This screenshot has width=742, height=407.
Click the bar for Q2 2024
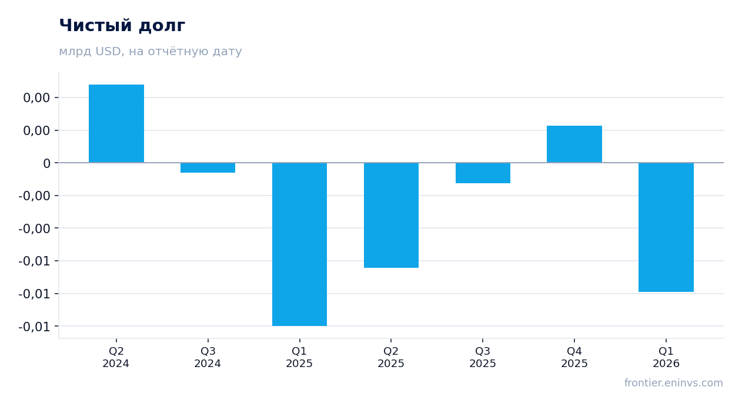point(116,123)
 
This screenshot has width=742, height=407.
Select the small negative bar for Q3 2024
point(208,167)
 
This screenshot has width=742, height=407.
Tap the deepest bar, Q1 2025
point(299,244)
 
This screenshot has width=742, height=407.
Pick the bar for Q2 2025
point(391,215)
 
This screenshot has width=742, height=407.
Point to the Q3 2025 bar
point(483,173)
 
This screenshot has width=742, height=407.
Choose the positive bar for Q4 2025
point(574,144)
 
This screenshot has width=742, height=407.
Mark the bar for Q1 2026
point(666,227)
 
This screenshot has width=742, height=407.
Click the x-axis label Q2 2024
point(116,357)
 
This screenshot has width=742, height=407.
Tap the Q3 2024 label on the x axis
point(208,357)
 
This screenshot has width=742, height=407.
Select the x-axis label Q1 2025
point(299,357)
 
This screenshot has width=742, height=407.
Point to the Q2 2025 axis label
point(391,357)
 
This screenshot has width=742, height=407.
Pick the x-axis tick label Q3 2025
point(483,357)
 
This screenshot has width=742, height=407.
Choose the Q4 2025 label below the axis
point(574,357)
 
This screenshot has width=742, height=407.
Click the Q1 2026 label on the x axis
point(666,357)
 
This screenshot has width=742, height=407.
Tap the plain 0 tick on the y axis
point(46,163)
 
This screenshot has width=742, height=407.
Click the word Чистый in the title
point(96,25)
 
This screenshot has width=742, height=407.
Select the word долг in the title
point(162,26)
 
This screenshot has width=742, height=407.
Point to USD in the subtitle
point(108,51)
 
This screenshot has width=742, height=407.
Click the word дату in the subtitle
point(227,52)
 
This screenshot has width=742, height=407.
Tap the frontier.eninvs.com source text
point(674,383)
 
